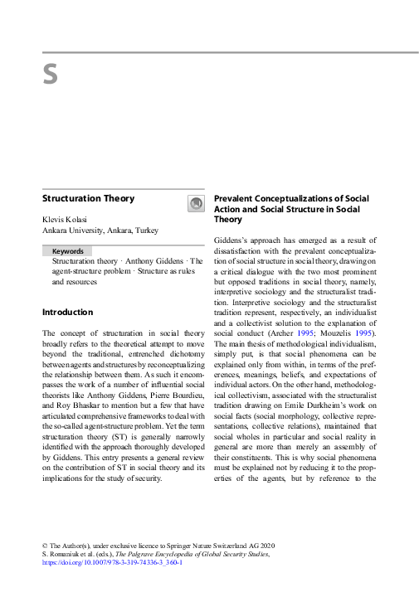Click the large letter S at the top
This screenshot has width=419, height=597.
pyautogui.click(x=50, y=74)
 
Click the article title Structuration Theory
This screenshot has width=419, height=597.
pyautogui.click(x=88, y=199)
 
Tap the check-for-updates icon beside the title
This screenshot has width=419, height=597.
pyautogui.click(x=196, y=203)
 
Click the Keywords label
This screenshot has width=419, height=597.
pyautogui.click(x=67, y=250)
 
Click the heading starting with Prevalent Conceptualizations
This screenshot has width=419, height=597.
pyautogui.click(x=291, y=199)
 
